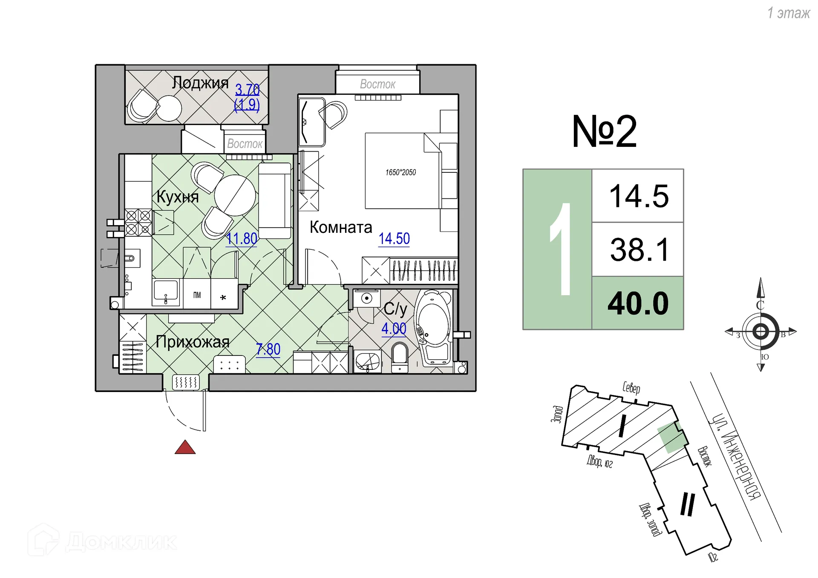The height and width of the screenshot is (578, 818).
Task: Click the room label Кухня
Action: coord(177,197)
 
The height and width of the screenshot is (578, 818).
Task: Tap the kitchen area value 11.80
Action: coord(242,239)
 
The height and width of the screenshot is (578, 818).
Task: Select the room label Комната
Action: coord(340,227)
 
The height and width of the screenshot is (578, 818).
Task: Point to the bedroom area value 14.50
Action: coord(394,239)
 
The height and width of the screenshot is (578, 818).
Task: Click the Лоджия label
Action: coord(200,83)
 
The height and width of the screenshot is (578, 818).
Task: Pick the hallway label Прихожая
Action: coord(193,342)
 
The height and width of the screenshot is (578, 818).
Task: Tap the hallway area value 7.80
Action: coord(268,349)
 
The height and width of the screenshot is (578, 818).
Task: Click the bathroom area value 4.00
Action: coord(394,329)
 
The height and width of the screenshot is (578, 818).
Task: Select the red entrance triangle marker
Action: coord(185,448)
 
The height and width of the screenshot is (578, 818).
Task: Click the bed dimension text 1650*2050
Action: coord(400,172)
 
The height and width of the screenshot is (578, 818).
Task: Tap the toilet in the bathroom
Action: coord(400,356)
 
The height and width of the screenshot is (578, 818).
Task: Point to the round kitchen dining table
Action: coord(235,195)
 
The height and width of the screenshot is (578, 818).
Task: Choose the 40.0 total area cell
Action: coord(638,303)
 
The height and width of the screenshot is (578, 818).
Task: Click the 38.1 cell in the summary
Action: coord(638,250)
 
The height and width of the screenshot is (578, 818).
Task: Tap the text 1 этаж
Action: coord(788,13)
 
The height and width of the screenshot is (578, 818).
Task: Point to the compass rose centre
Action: coord(760,331)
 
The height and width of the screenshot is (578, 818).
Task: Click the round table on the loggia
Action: coord(170,108)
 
